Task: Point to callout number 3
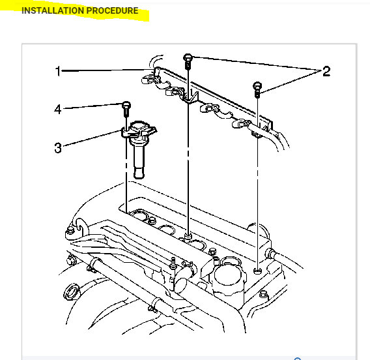[x=58, y=148]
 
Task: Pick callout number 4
[x=58, y=110]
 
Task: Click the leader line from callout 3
[x=91, y=140]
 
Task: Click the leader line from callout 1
[x=104, y=69]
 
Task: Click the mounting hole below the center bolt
[x=188, y=234]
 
